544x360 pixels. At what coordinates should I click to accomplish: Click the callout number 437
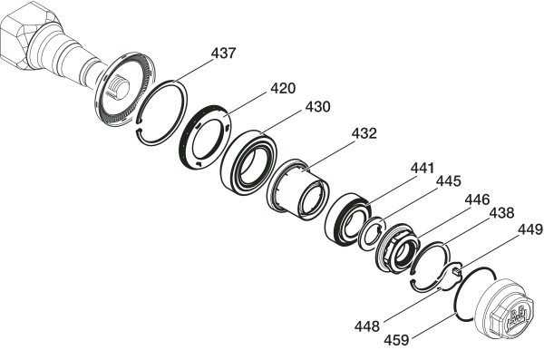coord(223,54)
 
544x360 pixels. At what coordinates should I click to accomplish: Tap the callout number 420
coord(283,88)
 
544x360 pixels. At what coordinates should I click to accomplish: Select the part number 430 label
coord(317,107)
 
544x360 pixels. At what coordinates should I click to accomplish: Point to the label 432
coord(364,133)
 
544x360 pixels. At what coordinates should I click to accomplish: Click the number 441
coord(423,168)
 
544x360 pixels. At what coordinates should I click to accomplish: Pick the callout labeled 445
coord(448,180)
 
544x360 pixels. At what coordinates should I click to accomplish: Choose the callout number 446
coord(477,199)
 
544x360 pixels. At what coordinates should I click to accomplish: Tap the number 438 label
coord(501,213)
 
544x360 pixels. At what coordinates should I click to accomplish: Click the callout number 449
coord(530,229)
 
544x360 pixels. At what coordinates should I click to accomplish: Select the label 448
coord(366,326)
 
